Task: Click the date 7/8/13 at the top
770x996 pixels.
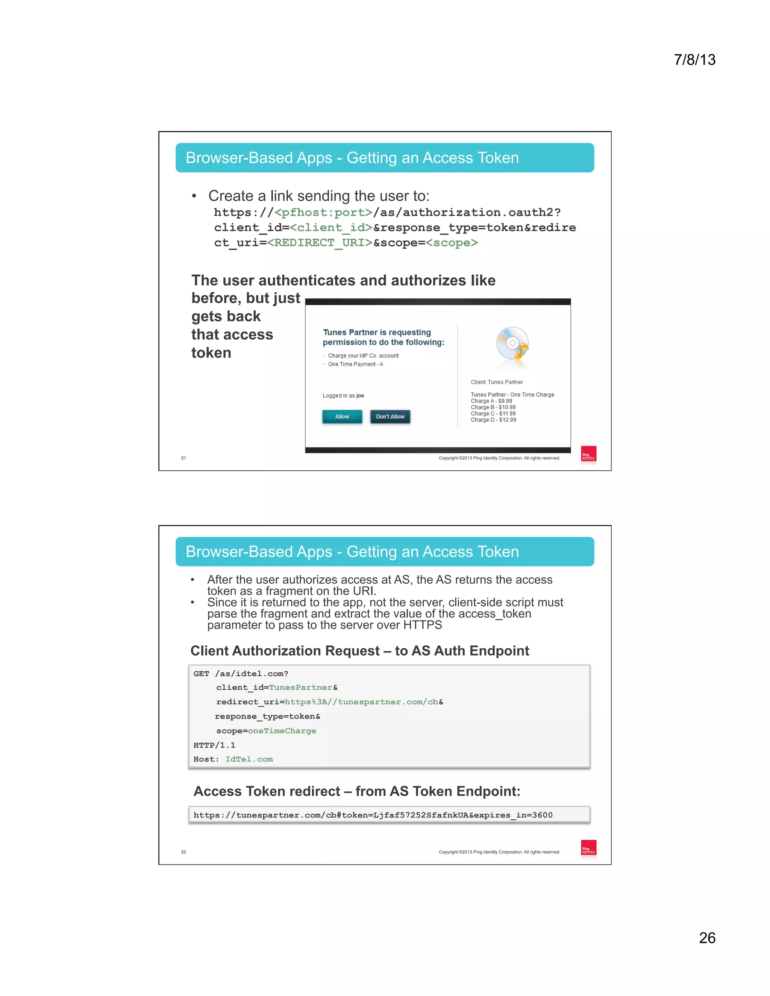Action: pos(694,60)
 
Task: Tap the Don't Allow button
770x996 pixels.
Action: pos(390,416)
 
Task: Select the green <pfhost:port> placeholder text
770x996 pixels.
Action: pos(323,212)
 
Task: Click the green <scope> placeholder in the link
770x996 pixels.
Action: pos(452,243)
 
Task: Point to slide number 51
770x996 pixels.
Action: pos(183,458)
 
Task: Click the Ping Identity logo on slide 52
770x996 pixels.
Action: pos(588,848)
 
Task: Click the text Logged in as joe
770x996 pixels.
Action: pos(343,395)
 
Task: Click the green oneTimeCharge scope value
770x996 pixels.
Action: pos(282,731)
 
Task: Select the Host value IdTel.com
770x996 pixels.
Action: pos(249,759)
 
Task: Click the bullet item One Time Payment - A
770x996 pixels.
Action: pos(355,364)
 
